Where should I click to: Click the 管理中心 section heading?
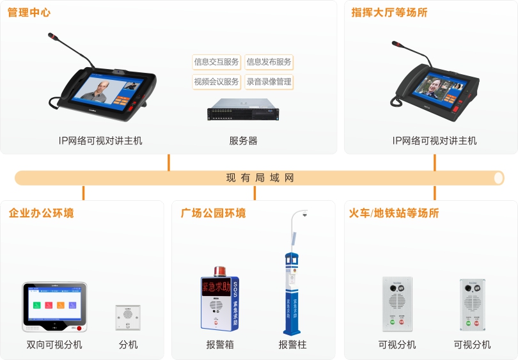(29, 13)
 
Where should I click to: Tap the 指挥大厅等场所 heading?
(389, 13)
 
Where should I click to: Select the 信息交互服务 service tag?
(216, 62)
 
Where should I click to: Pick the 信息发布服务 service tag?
(269, 62)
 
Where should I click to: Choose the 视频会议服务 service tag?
(216, 82)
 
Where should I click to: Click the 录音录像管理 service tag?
(269, 82)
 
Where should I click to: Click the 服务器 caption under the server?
(243, 141)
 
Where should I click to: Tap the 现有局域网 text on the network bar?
(260, 178)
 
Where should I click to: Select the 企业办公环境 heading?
(41, 213)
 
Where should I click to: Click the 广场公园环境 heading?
(213, 213)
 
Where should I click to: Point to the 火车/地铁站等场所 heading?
(394, 213)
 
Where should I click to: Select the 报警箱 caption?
(220, 345)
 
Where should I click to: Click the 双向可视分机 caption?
(54, 345)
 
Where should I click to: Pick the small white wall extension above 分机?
(128, 317)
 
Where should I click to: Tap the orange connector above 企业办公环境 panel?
(83, 192)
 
